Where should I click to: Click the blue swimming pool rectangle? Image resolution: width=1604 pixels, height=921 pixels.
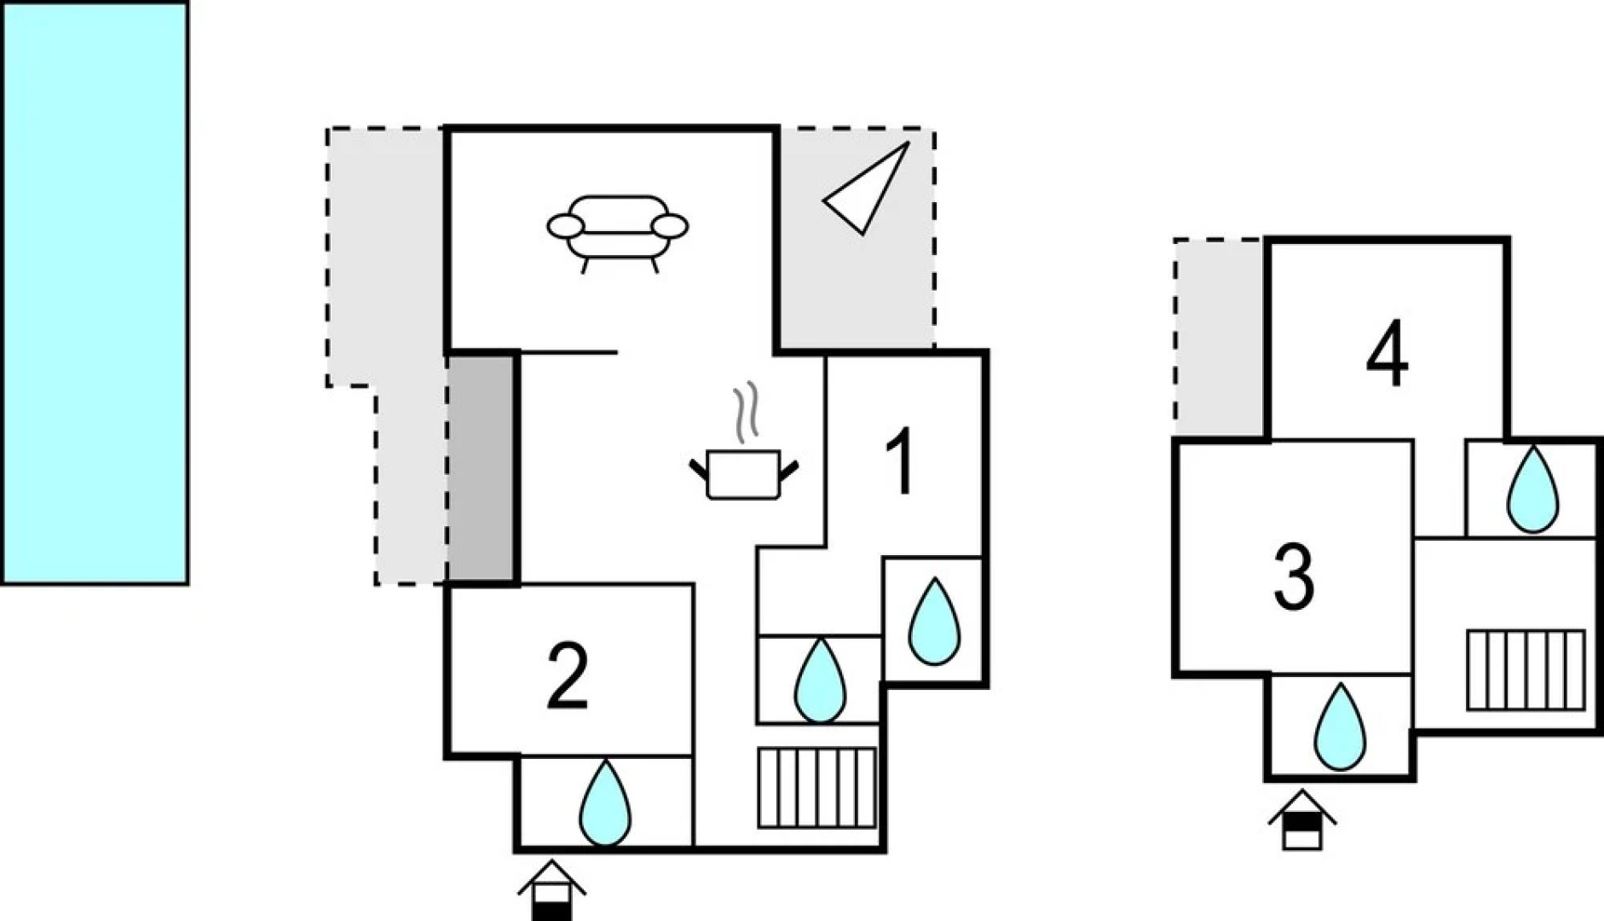94,293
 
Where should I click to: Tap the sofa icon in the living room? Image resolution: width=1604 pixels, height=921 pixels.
617,233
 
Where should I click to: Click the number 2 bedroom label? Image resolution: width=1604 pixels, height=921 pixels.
567,677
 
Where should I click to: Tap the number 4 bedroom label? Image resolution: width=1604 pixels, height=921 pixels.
1387,353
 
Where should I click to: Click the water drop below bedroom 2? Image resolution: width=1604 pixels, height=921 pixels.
605,803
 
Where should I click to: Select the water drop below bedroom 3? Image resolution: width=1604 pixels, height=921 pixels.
1340,727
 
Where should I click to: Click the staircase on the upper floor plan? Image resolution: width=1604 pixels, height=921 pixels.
1526,670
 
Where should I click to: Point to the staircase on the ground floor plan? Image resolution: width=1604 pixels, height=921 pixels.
816,788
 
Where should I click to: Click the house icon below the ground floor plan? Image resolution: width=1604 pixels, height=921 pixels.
551,889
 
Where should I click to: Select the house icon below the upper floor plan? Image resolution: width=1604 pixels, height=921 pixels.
1301,820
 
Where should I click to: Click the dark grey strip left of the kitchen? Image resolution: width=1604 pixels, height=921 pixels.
482,469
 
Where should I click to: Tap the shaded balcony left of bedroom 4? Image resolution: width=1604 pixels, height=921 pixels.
1220,338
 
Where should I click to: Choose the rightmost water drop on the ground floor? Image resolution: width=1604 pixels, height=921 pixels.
935,622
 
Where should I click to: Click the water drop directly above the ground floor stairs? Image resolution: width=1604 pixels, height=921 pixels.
820,681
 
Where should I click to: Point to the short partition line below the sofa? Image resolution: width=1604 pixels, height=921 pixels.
568,352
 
